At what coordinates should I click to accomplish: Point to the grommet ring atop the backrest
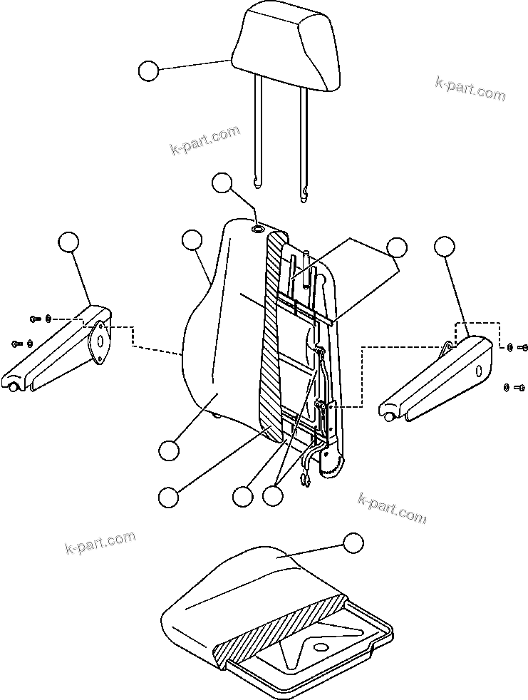tap(258, 230)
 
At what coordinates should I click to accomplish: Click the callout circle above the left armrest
tap(68, 242)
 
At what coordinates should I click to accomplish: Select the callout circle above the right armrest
tap(444, 247)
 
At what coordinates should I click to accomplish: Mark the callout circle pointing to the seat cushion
tap(352, 542)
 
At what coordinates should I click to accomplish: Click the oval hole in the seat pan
tap(320, 647)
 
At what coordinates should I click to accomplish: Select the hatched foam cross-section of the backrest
tap(271, 335)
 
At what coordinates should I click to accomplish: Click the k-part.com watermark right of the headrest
tap(470, 88)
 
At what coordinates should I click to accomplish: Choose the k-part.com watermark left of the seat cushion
tap(99, 542)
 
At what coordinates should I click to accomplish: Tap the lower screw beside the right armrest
tap(519, 387)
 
